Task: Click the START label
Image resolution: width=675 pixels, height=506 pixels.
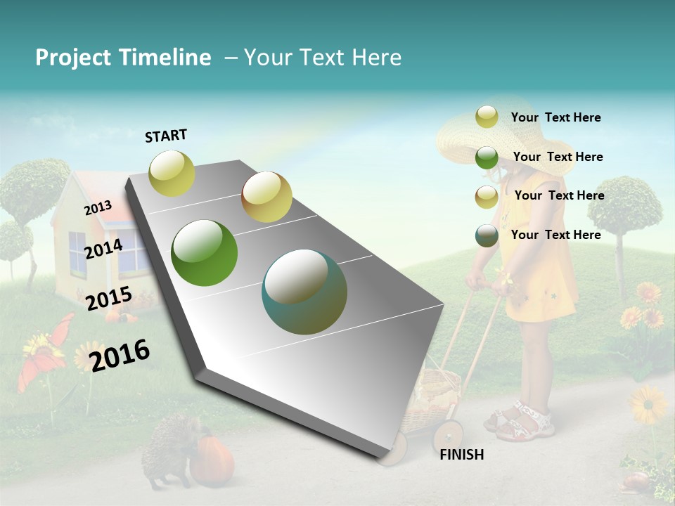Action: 166,136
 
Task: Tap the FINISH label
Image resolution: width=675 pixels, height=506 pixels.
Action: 462,455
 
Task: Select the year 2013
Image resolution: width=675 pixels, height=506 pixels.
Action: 98,208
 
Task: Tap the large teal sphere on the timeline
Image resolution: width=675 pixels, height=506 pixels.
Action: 304,292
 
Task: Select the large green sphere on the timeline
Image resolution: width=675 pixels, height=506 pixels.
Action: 205,253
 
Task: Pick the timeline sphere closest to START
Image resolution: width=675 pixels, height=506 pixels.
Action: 172,173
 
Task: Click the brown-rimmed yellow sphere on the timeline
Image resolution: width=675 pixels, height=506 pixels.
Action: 266,197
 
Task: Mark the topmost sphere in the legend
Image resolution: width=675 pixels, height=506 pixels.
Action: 487,117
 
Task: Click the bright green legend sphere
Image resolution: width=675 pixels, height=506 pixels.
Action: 487,157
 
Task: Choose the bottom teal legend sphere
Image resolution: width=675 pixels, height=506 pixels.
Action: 487,235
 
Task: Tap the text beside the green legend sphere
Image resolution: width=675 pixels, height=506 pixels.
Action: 558,157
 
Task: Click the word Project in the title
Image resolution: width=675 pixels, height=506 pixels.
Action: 72,58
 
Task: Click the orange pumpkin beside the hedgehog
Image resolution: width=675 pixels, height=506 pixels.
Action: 212,460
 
